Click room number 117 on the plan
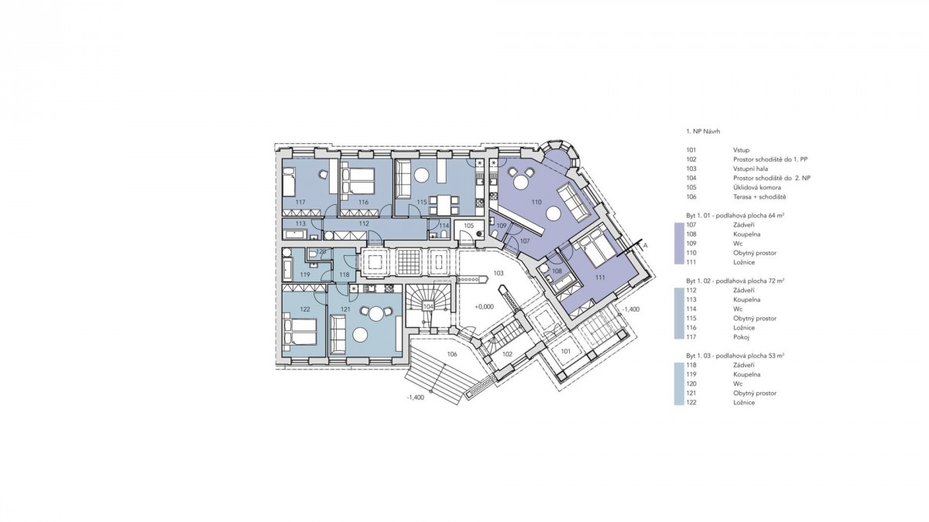click(300, 202)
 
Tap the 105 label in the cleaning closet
click(468, 225)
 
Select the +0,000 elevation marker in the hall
click(484, 307)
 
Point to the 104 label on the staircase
click(428, 306)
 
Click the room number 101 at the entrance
click(566, 351)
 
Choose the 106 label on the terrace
click(452, 354)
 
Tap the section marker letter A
click(645, 246)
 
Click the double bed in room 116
click(358, 181)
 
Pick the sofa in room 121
click(338, 334)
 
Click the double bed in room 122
click(300, 332)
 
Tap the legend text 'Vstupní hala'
click(750, 169)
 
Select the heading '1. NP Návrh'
click(703, 131)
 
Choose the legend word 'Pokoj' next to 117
click(741, 337)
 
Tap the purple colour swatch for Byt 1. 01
click(679, 244)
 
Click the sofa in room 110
click(574, 203)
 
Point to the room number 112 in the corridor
click(364, 223)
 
